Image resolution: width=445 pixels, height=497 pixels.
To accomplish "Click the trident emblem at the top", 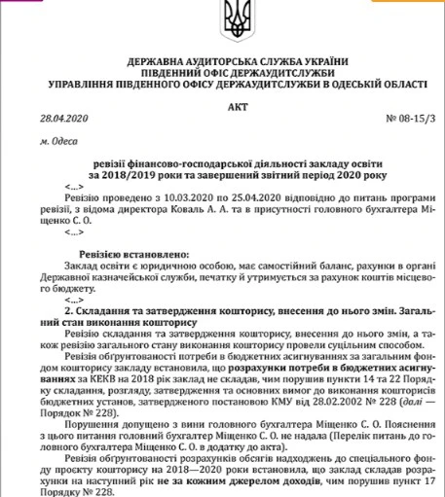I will tap(222, 19).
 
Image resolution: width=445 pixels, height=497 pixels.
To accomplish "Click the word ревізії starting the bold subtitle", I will tap(127, 163).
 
